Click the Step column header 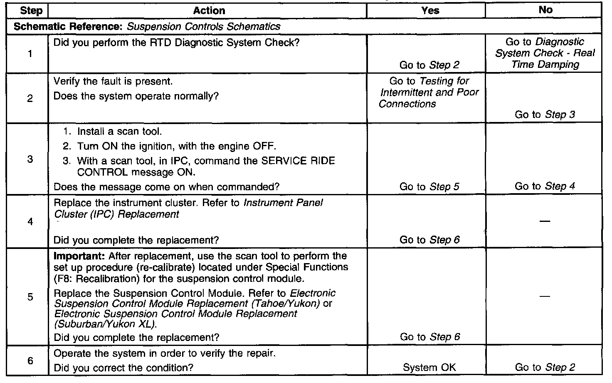pos(31,11)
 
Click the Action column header pos(209,11)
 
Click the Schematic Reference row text pos(147,27)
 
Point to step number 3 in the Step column pos(30,159)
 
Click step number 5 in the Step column pos(30,297)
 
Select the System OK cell pos(429,368)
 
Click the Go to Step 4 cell pos(545,187)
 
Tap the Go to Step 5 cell pos(429,187)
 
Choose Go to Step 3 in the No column pos(545,114)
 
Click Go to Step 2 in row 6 pos(545,368)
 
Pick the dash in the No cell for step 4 pos(545,221)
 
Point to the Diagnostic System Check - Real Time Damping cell pos(545,53)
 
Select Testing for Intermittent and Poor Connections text pos(429,92)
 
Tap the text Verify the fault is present pos(113,81)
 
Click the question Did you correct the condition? pos(123,368)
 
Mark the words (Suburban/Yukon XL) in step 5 pos(106,324)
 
